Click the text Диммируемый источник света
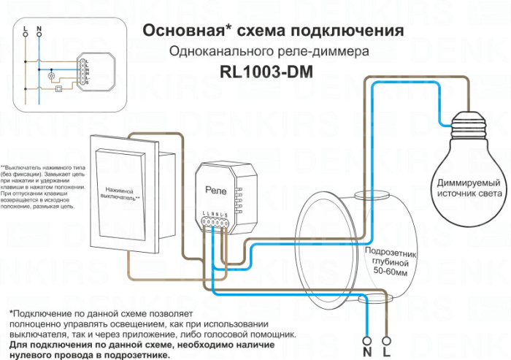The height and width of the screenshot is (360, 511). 468,187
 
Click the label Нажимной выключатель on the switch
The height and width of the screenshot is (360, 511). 120,193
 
